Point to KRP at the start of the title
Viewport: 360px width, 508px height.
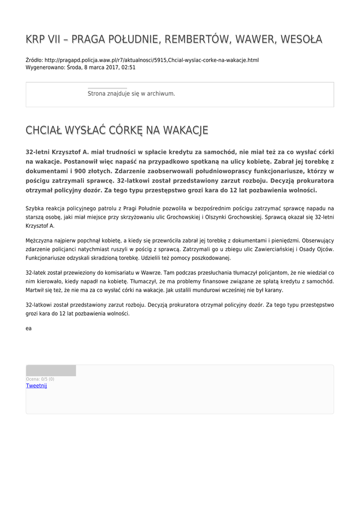click(36, 39)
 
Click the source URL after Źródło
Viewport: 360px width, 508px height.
click(151, 60)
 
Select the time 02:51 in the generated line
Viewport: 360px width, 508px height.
click(129, 67)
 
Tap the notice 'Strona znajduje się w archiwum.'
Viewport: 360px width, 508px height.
click(131, 93)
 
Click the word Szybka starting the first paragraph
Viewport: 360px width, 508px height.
click(35, 208)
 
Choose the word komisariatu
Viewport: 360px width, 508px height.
click(111, 273)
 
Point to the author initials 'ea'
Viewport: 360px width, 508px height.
click(29, 328)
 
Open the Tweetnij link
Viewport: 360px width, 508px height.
click(36, 385)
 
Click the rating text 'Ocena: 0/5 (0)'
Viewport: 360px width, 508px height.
click(40, 379)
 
